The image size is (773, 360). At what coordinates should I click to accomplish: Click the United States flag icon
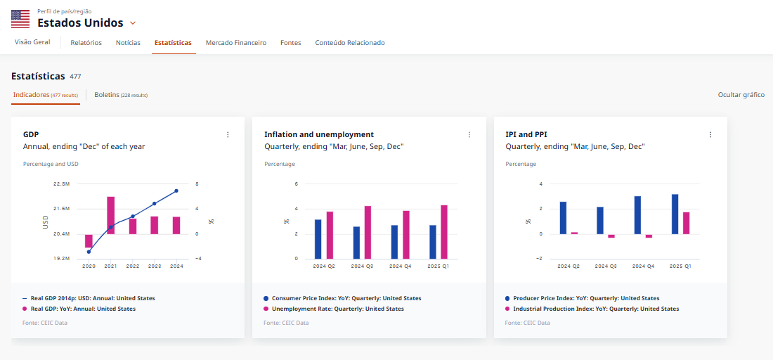click(20, 19)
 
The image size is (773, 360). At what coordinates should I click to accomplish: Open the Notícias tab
click(128, 43)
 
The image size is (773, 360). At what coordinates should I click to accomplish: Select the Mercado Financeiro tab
click(236, 43)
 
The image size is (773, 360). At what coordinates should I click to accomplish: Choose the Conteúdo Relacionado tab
click(350, 43)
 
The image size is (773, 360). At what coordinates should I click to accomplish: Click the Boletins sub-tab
click(121, 94)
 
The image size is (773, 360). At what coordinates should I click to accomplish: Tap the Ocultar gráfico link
click(741, 94)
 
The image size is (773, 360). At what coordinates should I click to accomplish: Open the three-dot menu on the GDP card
click(228, 134)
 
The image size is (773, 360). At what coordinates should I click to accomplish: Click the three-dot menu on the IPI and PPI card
click(710, 134)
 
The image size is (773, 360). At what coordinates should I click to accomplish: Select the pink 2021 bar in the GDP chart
click(111, 215)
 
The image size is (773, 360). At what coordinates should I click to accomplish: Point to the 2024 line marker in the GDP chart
click(176, 191)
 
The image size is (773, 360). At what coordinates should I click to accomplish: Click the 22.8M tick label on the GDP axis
click(62, 184)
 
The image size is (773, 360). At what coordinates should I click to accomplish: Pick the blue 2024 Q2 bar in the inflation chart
click(318, 239)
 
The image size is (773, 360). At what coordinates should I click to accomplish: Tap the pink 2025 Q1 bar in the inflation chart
click(444, 231)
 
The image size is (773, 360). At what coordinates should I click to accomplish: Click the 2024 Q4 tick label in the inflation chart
click(399, 266)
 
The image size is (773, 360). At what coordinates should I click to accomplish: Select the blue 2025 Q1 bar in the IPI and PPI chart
click(675, 214)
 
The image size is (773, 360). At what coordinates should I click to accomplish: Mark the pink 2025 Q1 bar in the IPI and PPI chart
click(687, 223)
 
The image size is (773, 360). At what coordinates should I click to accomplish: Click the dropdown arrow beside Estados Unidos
click(133, 23)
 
